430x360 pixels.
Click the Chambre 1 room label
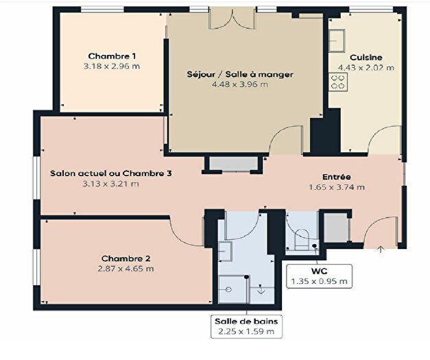click(112, 56)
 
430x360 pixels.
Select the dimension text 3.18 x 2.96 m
click(112, 67)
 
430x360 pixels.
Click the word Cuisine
click(366, 57)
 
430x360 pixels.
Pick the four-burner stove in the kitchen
click(338, 82)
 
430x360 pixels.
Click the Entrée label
click(337, 176)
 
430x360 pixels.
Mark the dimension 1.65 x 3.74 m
click(337, 187)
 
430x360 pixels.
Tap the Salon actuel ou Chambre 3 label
click(110, 173)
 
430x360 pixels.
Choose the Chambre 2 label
click(126, 258)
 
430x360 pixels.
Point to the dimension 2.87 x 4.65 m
click(126, 268)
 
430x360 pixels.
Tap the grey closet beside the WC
click(337, 228)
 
